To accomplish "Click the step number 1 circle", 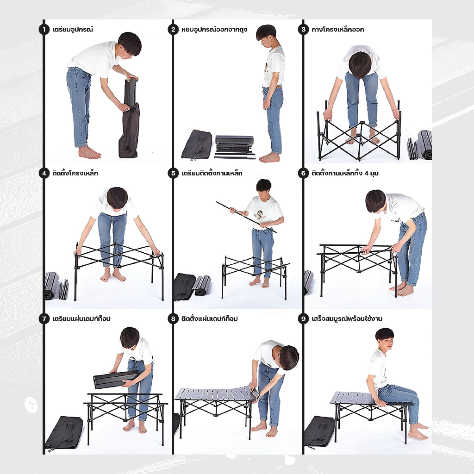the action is pos(44,30).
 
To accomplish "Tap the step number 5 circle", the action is pos(173,173).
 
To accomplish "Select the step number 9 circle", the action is pos(303,318).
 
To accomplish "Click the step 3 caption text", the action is pos(337,30).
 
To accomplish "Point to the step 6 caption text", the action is pos(345,173).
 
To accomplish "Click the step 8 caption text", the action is pos(210,318).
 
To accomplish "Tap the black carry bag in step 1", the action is pos(129,130).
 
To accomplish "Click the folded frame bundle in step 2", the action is pos(234,147).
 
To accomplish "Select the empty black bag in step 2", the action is pos(196,144).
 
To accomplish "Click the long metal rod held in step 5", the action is pos(246,217).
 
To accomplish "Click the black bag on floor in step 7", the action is pos(64,432).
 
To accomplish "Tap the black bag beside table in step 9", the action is pos(320,431).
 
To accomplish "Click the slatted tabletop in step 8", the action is pos(215,394).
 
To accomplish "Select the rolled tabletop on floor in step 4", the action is pos(52,286).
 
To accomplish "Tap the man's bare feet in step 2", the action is pos(269,157).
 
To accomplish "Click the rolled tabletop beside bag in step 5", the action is pos(202,285).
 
